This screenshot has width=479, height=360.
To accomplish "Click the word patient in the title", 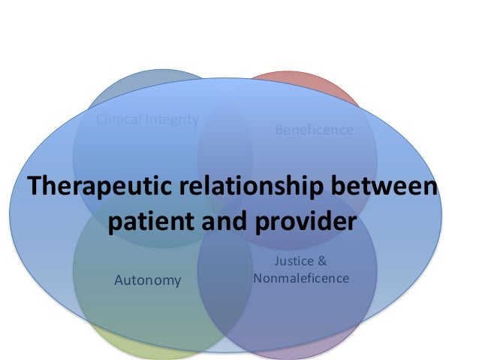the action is [x=153, y=222].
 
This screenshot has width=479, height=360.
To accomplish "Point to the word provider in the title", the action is [x=305, y=222].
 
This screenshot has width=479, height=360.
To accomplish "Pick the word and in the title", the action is [x=225, y=222].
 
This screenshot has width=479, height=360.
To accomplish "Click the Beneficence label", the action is [x=314, y=130].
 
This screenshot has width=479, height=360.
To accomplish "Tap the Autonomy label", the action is [x=148, y=280].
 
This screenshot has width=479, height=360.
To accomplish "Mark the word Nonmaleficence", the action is [x=302, y=278].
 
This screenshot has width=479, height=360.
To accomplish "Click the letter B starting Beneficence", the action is [x=279, y=130].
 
